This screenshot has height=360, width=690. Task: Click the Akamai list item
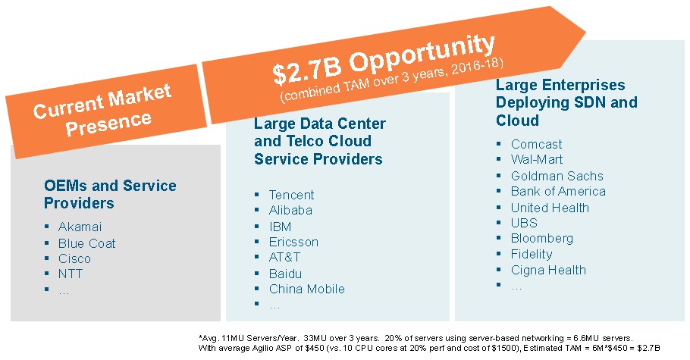point(80,227)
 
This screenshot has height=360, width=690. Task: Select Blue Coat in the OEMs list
point(86,243)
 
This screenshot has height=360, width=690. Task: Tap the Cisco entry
point(74,258)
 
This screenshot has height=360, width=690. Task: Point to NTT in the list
point(71,274)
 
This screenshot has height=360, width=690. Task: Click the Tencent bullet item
point(291,195)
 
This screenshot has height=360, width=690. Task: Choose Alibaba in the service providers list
point(290,211)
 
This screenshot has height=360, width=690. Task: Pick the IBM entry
point(281,227)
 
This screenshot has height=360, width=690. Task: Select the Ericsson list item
point(293,242)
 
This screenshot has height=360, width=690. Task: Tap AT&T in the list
point(284,257)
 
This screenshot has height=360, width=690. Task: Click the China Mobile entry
point(307,290)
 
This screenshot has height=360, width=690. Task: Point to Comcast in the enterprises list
point(536,144)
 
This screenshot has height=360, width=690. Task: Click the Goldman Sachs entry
point(557,176)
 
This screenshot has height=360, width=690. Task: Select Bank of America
point(558,192)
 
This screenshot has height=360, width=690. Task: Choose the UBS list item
point(524,223)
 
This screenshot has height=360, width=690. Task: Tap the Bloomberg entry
point(541,239)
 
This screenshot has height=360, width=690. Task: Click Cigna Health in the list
point(548,271)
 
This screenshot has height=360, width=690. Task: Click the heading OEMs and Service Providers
point(110,194)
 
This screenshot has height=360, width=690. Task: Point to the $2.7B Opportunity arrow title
point(384,60)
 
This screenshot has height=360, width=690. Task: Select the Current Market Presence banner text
point(103,111)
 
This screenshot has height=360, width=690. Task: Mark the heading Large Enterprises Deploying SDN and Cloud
point(566,102)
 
